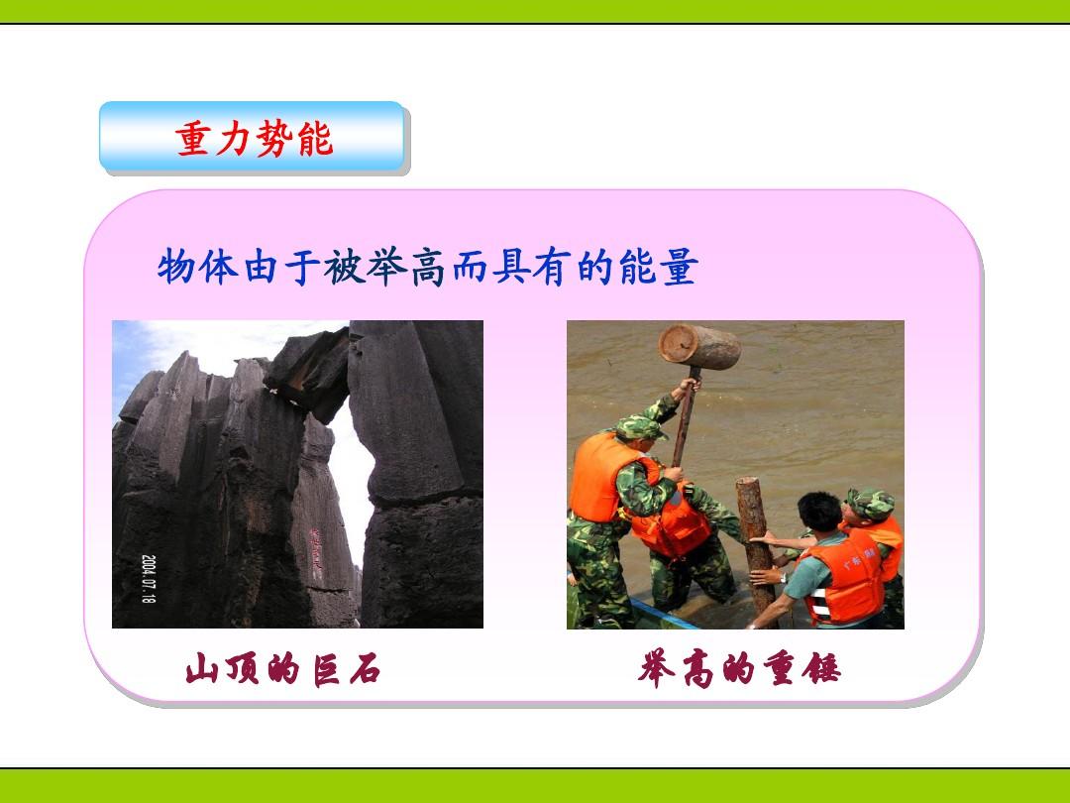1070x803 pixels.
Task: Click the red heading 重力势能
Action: (255, 139)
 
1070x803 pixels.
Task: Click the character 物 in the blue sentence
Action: (176, 267)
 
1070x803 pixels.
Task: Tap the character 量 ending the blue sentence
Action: (679, 267)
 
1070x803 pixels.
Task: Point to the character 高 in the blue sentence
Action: (427, 267)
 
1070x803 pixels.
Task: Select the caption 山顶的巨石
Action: (282, 668)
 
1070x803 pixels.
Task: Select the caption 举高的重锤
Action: (740, 668)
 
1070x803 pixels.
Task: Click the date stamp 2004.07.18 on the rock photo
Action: (149, 578)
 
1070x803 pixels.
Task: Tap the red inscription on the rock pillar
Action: (316, 548)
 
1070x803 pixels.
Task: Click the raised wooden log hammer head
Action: (699, 347)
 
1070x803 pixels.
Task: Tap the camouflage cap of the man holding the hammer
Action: (640, 427)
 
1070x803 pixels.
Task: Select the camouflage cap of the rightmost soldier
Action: (870, 504)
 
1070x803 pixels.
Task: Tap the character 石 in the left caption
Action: (365, 668)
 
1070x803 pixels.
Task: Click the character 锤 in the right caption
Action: (823, 668)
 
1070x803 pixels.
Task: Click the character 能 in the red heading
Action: (315, 139)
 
